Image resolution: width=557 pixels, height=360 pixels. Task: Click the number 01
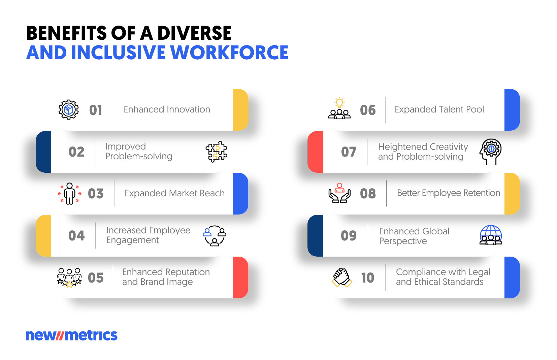click(96, 110)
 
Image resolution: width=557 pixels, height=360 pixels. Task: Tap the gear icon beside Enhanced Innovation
click(69, 109)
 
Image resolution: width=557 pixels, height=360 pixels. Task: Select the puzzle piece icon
click(217, 152)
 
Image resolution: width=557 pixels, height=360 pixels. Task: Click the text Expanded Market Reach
click(174, 193)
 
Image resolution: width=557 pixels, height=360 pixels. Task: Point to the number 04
click(76, 236)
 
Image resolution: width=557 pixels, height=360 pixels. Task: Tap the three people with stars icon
click(69, 277)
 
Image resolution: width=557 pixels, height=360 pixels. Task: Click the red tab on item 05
click(240, 277)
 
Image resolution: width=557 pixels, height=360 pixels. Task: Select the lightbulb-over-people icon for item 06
click(339, 109)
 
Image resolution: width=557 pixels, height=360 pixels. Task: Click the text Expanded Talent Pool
click(439, 109)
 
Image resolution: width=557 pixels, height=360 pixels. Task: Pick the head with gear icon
click(491, 151)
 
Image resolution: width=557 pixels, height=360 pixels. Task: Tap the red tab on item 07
click(315, 152)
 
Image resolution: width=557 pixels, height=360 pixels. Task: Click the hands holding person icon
click(339, 193)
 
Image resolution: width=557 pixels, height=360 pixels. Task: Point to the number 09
click(349, 236)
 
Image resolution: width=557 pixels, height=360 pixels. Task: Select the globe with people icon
click(491, 235)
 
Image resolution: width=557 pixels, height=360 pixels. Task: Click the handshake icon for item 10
click(342, 277)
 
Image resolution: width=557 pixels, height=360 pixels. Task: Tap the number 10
click(368, 278)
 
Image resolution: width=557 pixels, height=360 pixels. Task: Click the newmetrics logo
click(72, 335)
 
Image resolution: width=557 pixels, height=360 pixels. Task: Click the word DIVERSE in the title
click(194, 33)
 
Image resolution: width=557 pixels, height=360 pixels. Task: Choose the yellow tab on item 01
click(240, 110)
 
